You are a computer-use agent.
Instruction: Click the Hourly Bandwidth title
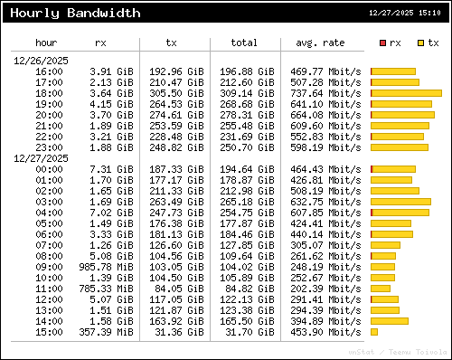75,14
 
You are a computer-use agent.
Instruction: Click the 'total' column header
243,43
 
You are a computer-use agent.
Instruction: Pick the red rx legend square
383,43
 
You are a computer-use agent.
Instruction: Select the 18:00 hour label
49,93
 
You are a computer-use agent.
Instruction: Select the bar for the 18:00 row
406,93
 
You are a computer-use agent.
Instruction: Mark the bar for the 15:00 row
374,332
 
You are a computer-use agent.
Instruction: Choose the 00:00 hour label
49,169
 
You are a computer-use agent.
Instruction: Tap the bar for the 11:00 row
381,289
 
